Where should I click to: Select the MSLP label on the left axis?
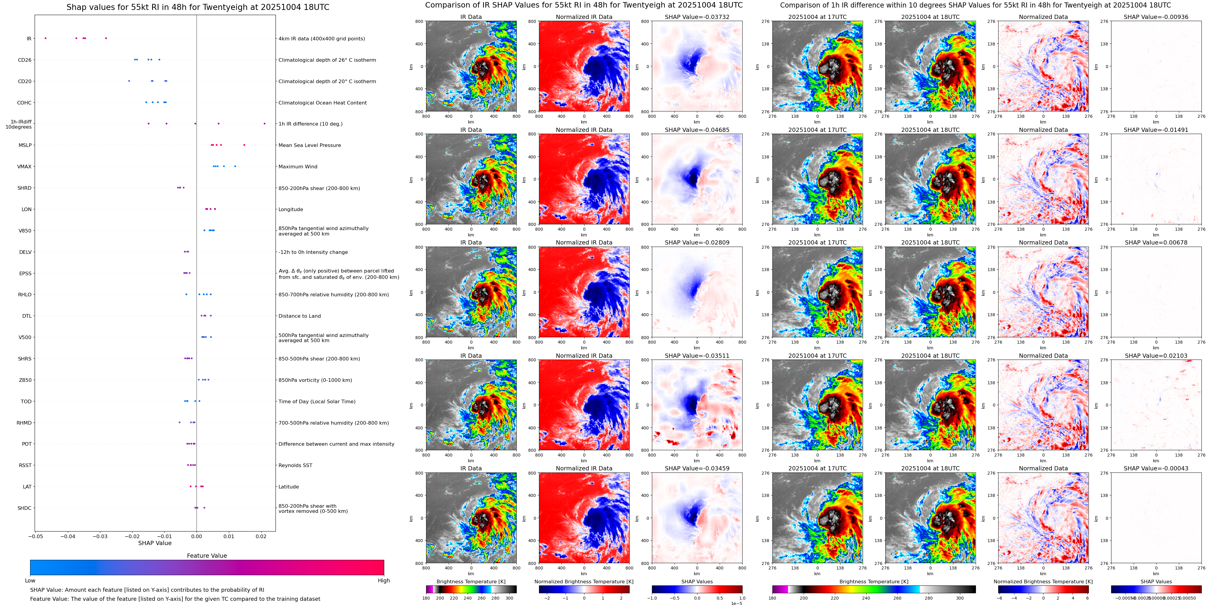(x=25, y=145)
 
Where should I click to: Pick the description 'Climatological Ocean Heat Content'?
(x=323, y=103)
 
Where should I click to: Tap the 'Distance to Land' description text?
(x=299, y=316)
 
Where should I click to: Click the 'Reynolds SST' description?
(x=295, y=465)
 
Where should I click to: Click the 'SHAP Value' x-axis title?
(x=155, y=543)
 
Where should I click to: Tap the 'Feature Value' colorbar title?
(x=207, y=556)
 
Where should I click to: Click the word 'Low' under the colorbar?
(x=30, y=581)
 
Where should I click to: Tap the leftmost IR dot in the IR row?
(x=45, y=38)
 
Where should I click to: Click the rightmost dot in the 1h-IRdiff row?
(x=264, y=123)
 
